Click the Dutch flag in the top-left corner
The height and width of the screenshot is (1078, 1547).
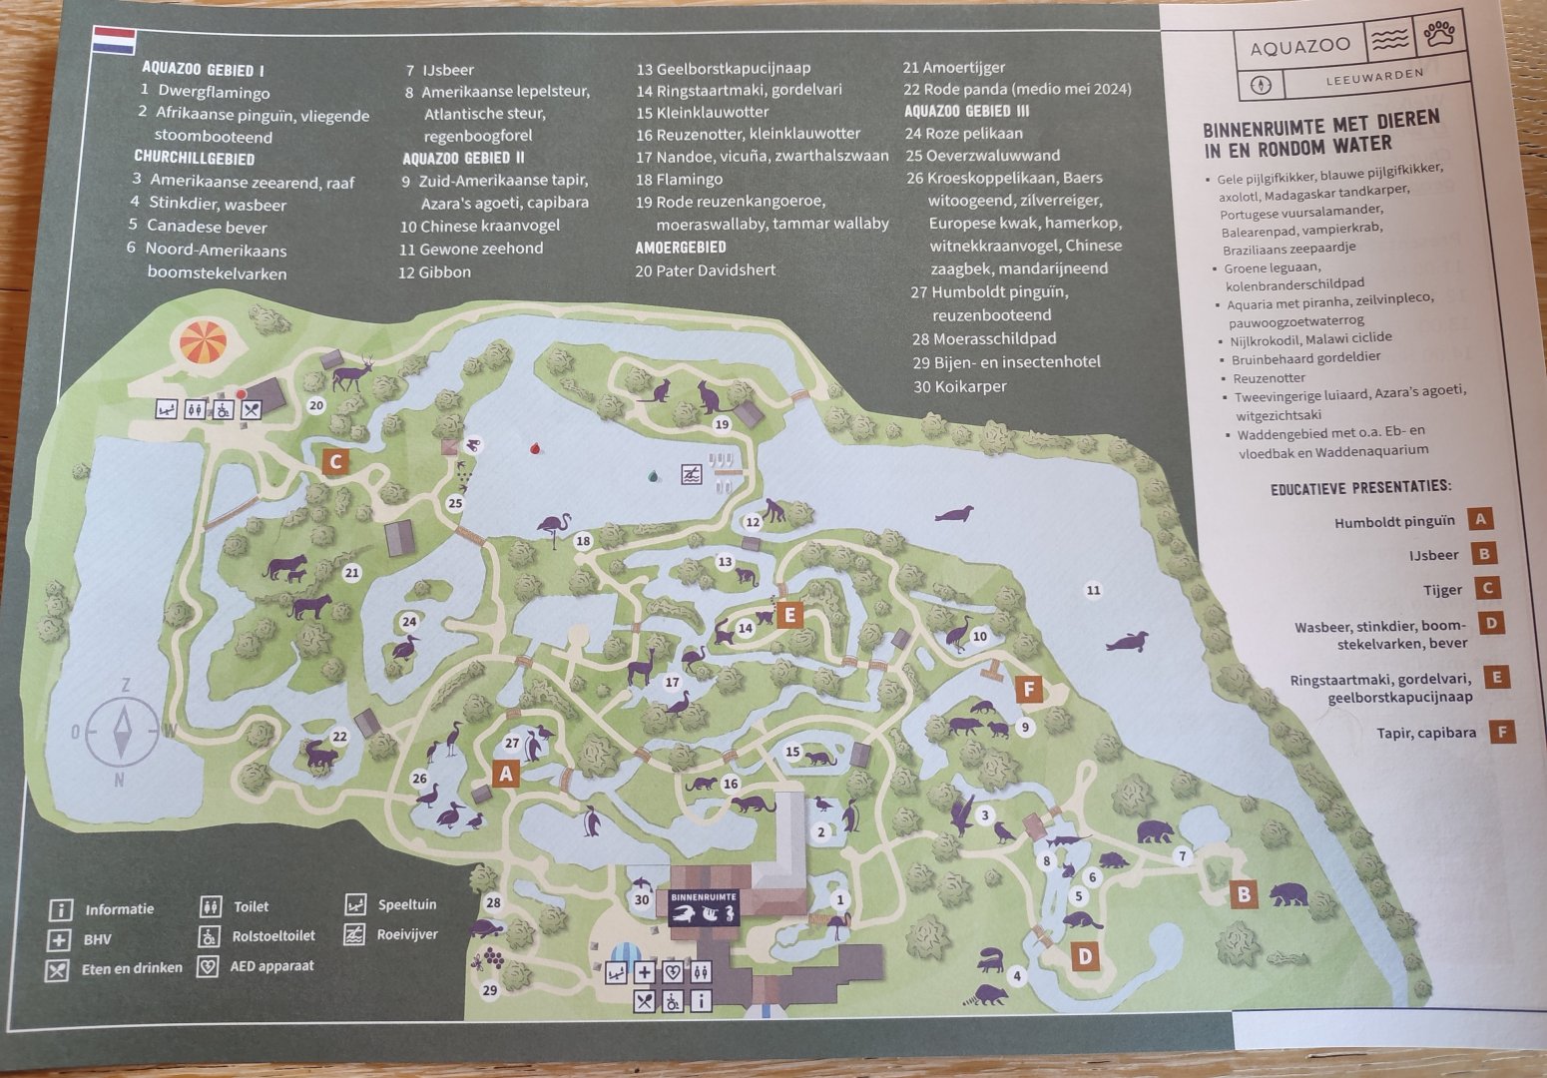[x=114, y=40]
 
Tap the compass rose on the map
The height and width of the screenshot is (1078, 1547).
[x=123, y=731]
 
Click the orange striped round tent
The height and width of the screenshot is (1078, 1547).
[x=203, y=343]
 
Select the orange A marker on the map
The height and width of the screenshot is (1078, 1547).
[x=505, y=773]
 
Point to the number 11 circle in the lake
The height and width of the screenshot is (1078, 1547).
[x=1093, y=590]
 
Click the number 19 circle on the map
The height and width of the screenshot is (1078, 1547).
[x=722, y=424]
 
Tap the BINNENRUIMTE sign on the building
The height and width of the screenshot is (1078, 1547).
[x=704, y=897]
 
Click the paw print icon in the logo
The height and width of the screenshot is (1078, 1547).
[x=1439, y=38]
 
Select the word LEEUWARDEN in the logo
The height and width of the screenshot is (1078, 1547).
[x=1374, y=75]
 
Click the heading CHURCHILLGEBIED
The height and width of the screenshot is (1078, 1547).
[x=195, y=158]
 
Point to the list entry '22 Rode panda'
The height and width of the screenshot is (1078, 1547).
[x=1017, y=89]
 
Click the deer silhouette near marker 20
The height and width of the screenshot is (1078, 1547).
[x=350, y=373]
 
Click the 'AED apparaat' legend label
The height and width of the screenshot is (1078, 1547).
[x=271, y=966]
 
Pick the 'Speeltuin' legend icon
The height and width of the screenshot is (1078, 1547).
[x=356, y=904]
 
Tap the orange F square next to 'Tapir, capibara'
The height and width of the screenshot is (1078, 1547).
[x=1501, y=732]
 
